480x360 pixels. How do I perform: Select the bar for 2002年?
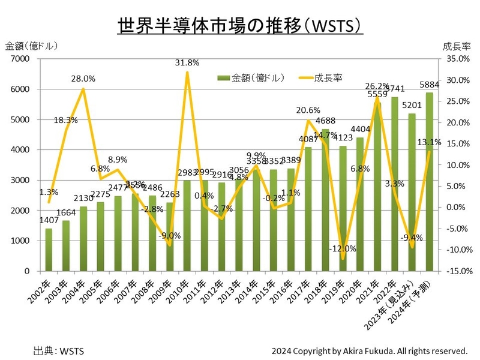[x=49, y=250]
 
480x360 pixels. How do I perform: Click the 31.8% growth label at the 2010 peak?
[x=187, y=62]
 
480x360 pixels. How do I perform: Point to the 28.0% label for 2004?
[x=83, y=79]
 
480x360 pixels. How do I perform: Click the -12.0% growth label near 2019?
[x=343, y=248]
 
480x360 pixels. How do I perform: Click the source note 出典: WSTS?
[x=59, y=350]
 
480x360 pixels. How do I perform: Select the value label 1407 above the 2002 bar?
[x=49, y=220]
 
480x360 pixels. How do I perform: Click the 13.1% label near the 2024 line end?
[x=430, y=143]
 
